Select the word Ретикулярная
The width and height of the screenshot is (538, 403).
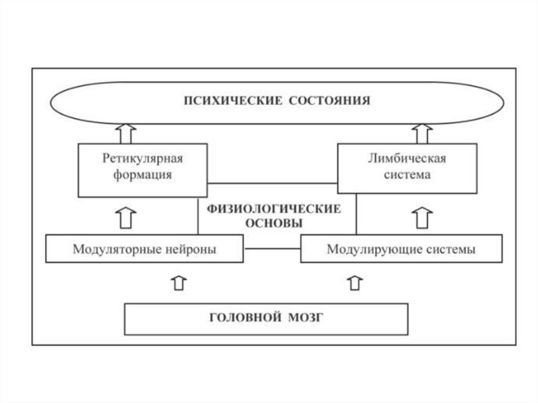coord(142,159)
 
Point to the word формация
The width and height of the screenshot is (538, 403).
coord(142,175)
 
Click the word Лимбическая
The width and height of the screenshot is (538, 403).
coord(407,159)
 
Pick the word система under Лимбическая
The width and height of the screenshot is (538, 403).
coord(407,175)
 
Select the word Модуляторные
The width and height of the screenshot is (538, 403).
coord(117,249)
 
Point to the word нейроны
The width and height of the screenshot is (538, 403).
coord(190,249)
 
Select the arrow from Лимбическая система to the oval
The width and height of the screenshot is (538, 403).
coord(422,133)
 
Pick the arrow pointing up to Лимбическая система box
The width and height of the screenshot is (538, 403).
coord(422,217)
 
